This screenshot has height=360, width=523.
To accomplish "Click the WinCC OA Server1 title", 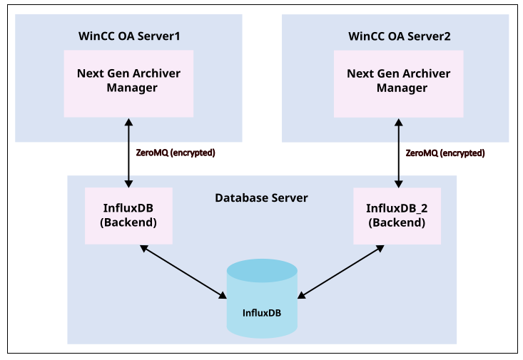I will coord(128,36).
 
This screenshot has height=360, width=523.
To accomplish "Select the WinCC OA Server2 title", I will coord(399,36).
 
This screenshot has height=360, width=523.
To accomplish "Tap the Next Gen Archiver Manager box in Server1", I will coord(128,83).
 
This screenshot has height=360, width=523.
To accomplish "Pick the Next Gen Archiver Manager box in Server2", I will coord(398,83).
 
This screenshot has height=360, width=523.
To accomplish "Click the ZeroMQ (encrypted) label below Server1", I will coord(175,153).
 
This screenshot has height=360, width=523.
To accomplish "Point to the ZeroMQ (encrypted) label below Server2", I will coord(445,153).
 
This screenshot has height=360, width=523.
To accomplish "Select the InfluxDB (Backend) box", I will coord(128,215).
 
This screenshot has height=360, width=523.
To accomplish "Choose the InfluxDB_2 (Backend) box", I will coord(397,215).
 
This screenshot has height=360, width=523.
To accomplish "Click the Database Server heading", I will coord(261,197).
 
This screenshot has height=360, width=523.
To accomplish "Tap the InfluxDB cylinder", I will coord(261,303).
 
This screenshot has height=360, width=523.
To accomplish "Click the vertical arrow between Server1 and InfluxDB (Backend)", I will coord(128,153).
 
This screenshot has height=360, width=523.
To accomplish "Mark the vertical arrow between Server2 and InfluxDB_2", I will coord(398,153).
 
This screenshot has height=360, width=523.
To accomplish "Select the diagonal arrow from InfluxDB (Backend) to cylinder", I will coord(183,271).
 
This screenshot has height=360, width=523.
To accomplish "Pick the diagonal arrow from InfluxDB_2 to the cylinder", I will coord(341,271).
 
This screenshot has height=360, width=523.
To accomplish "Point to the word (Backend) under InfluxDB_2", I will coord(397,222).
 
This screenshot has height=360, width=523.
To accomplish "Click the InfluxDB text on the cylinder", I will coord(261,313).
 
